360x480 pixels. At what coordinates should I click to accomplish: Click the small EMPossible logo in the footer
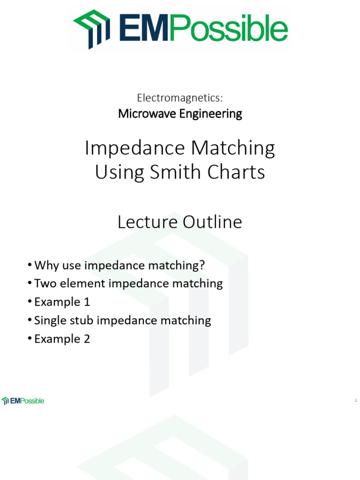tap(23, 401)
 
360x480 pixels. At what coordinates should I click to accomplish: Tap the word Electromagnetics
tap(179, 97)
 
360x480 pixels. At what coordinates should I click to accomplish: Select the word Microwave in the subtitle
tap(145, 114)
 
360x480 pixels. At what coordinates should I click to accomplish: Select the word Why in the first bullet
tap(46, 265)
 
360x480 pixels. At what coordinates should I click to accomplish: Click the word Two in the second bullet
tap(45, 284)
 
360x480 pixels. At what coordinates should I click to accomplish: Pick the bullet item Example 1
tap(62, 302)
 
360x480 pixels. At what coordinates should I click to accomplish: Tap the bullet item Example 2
tap(62, 339)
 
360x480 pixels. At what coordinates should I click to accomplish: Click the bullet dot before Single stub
tap(30, 321)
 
